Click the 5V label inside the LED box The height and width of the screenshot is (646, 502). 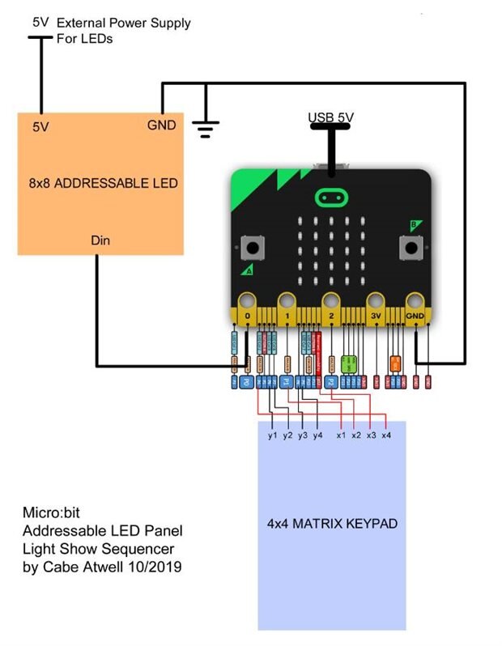(41, 127)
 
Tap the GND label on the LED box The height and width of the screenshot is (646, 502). (160, 125)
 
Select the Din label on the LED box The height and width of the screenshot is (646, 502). (100, 240)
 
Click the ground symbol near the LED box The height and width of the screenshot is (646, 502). (206, 125)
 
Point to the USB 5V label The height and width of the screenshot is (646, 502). (330, 118)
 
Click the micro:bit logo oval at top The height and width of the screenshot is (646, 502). (330, 197)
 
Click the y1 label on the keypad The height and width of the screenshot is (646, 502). (273, 436)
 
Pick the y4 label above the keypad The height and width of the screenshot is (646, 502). (317, 436)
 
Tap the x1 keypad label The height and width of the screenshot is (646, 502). (342, 436)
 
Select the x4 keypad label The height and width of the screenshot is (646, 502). (386, 436)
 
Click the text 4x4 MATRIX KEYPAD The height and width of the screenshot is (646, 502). (332, 524)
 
